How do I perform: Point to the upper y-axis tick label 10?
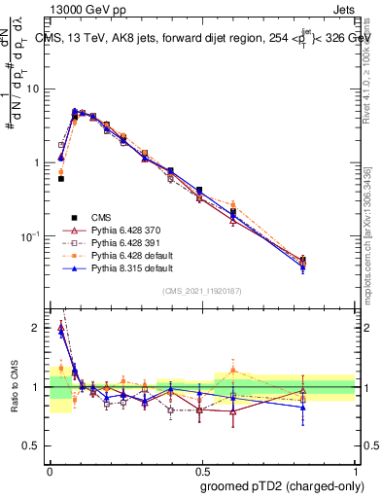33,89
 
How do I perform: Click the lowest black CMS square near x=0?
60,179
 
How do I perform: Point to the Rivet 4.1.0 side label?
369,63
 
